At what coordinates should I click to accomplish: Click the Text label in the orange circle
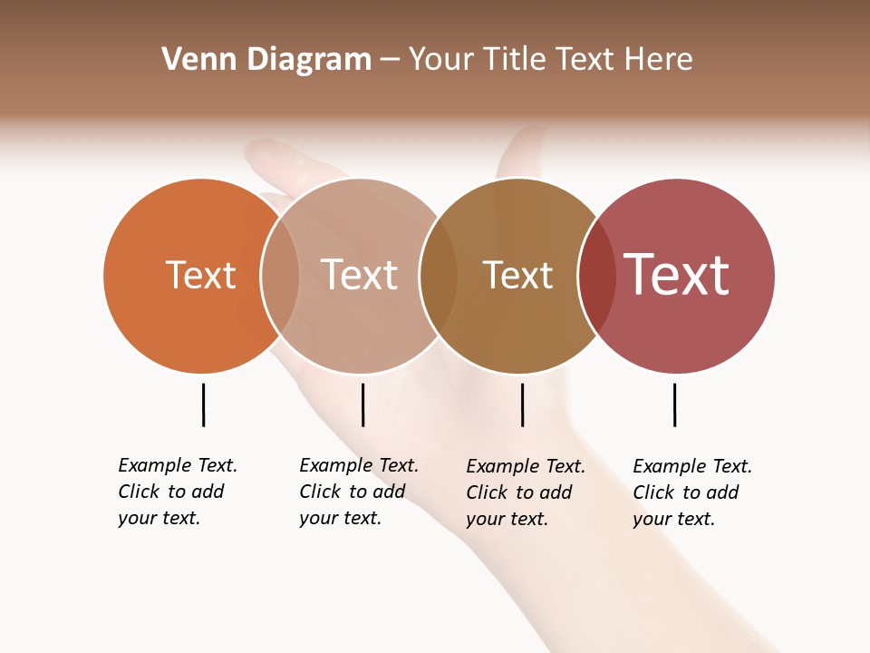coord(200,275)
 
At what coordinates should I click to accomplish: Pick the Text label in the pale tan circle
coord(359,275)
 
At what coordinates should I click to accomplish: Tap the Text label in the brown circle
coord(517,276)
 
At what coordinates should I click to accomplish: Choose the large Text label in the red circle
coord(677,275)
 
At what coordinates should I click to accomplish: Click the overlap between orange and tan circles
coord(280,276)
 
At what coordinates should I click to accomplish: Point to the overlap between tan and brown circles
coord(439,276)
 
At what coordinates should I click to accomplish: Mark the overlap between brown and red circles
coord(597,276)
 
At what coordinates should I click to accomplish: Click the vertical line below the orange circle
coord(204,404)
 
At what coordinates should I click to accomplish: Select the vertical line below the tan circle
coord(362,404)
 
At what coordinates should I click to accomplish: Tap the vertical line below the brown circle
coord(523,404)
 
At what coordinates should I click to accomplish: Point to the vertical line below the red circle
coord(675,404)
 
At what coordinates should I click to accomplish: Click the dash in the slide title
coord(390,60)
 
